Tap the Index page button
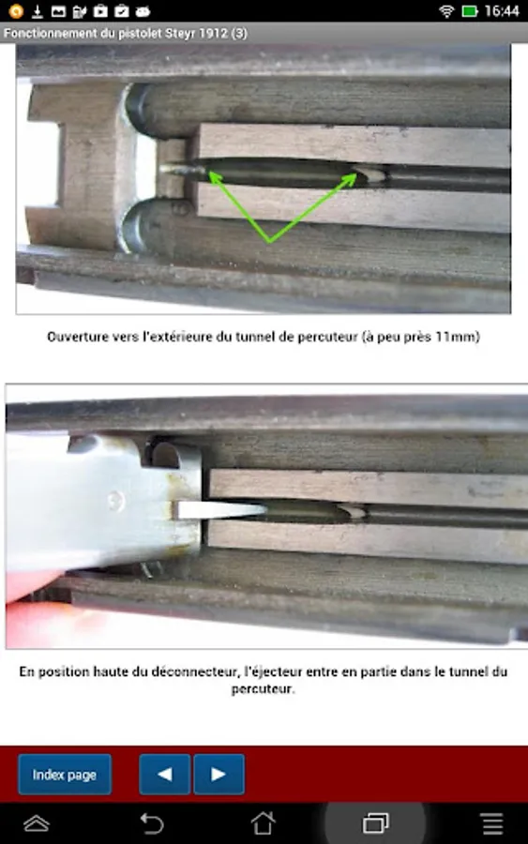pos(65,774)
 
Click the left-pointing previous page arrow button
pos(165,774)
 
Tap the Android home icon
pos(264,823)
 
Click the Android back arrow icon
pos(151,823)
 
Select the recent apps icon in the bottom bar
pos(376,823)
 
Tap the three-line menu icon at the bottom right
pos(492,823)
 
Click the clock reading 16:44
pos(502,10)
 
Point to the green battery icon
pos(470,10)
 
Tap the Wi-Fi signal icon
pos(446,10)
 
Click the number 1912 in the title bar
pos(213,34)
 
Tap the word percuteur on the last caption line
pos(264,689)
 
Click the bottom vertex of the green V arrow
pos(270,241)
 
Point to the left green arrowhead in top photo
pos(216,178)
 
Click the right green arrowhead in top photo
pos(349,180)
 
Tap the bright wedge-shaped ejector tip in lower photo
pos(219,510)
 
